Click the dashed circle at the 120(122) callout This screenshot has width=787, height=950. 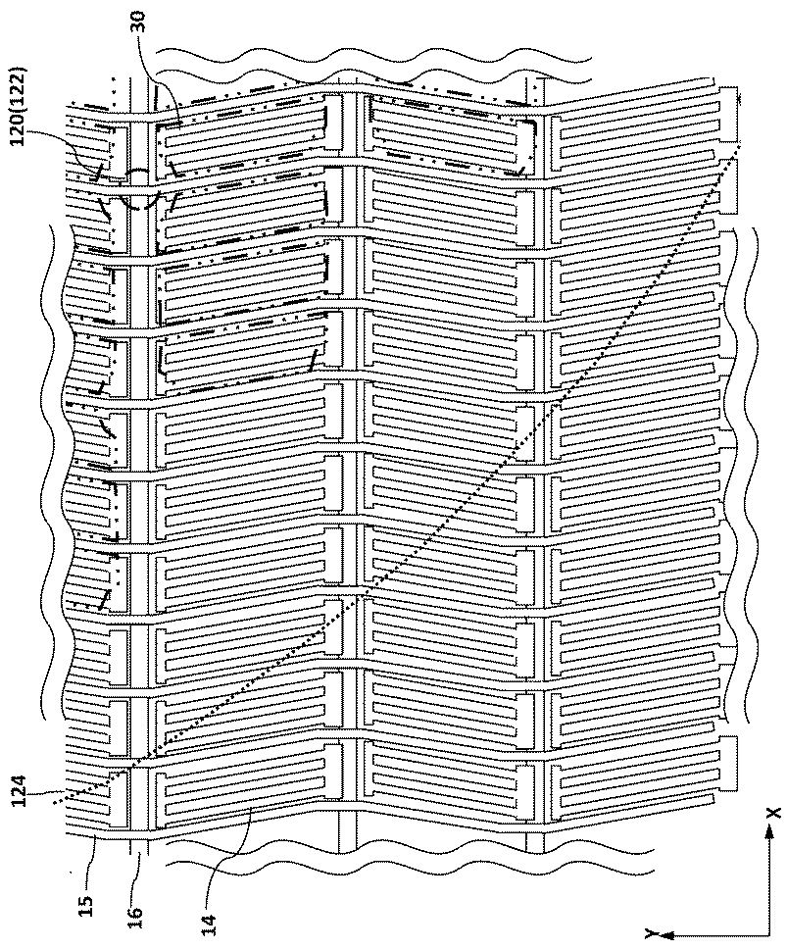click(x=139, y=188)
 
